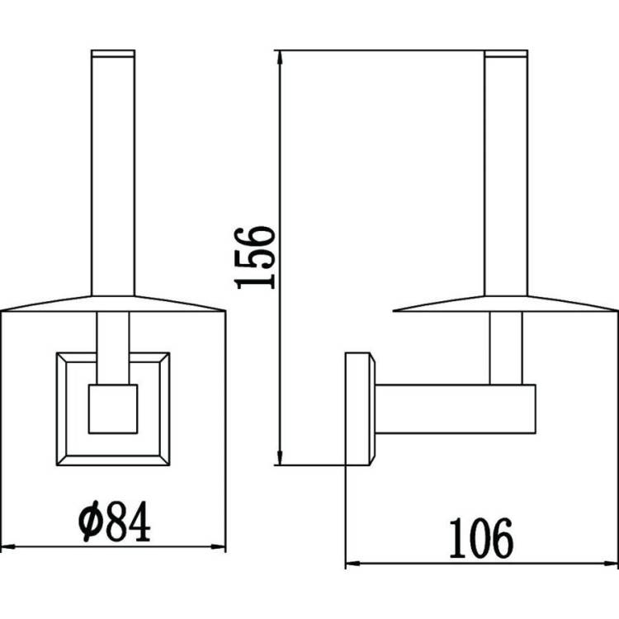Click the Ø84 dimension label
(115, 521)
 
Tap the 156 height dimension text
(255, 257)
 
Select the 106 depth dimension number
(482, 538)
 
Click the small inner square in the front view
(113, 409)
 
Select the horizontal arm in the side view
(455, 409)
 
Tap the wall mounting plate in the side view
(360, 409)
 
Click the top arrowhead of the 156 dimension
(280, 57)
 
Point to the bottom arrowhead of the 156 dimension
(280, 458)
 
